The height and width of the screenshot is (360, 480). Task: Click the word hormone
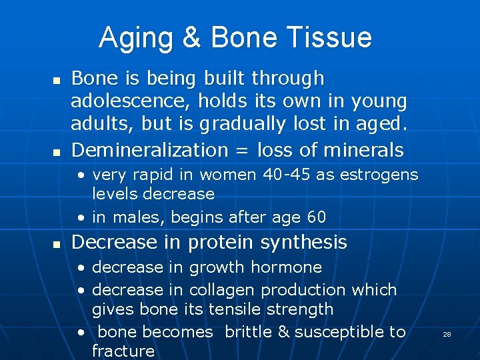click(289, 267)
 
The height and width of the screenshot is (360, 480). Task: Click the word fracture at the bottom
click(123, 351)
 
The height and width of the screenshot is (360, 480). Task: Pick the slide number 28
click(447, 334)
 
